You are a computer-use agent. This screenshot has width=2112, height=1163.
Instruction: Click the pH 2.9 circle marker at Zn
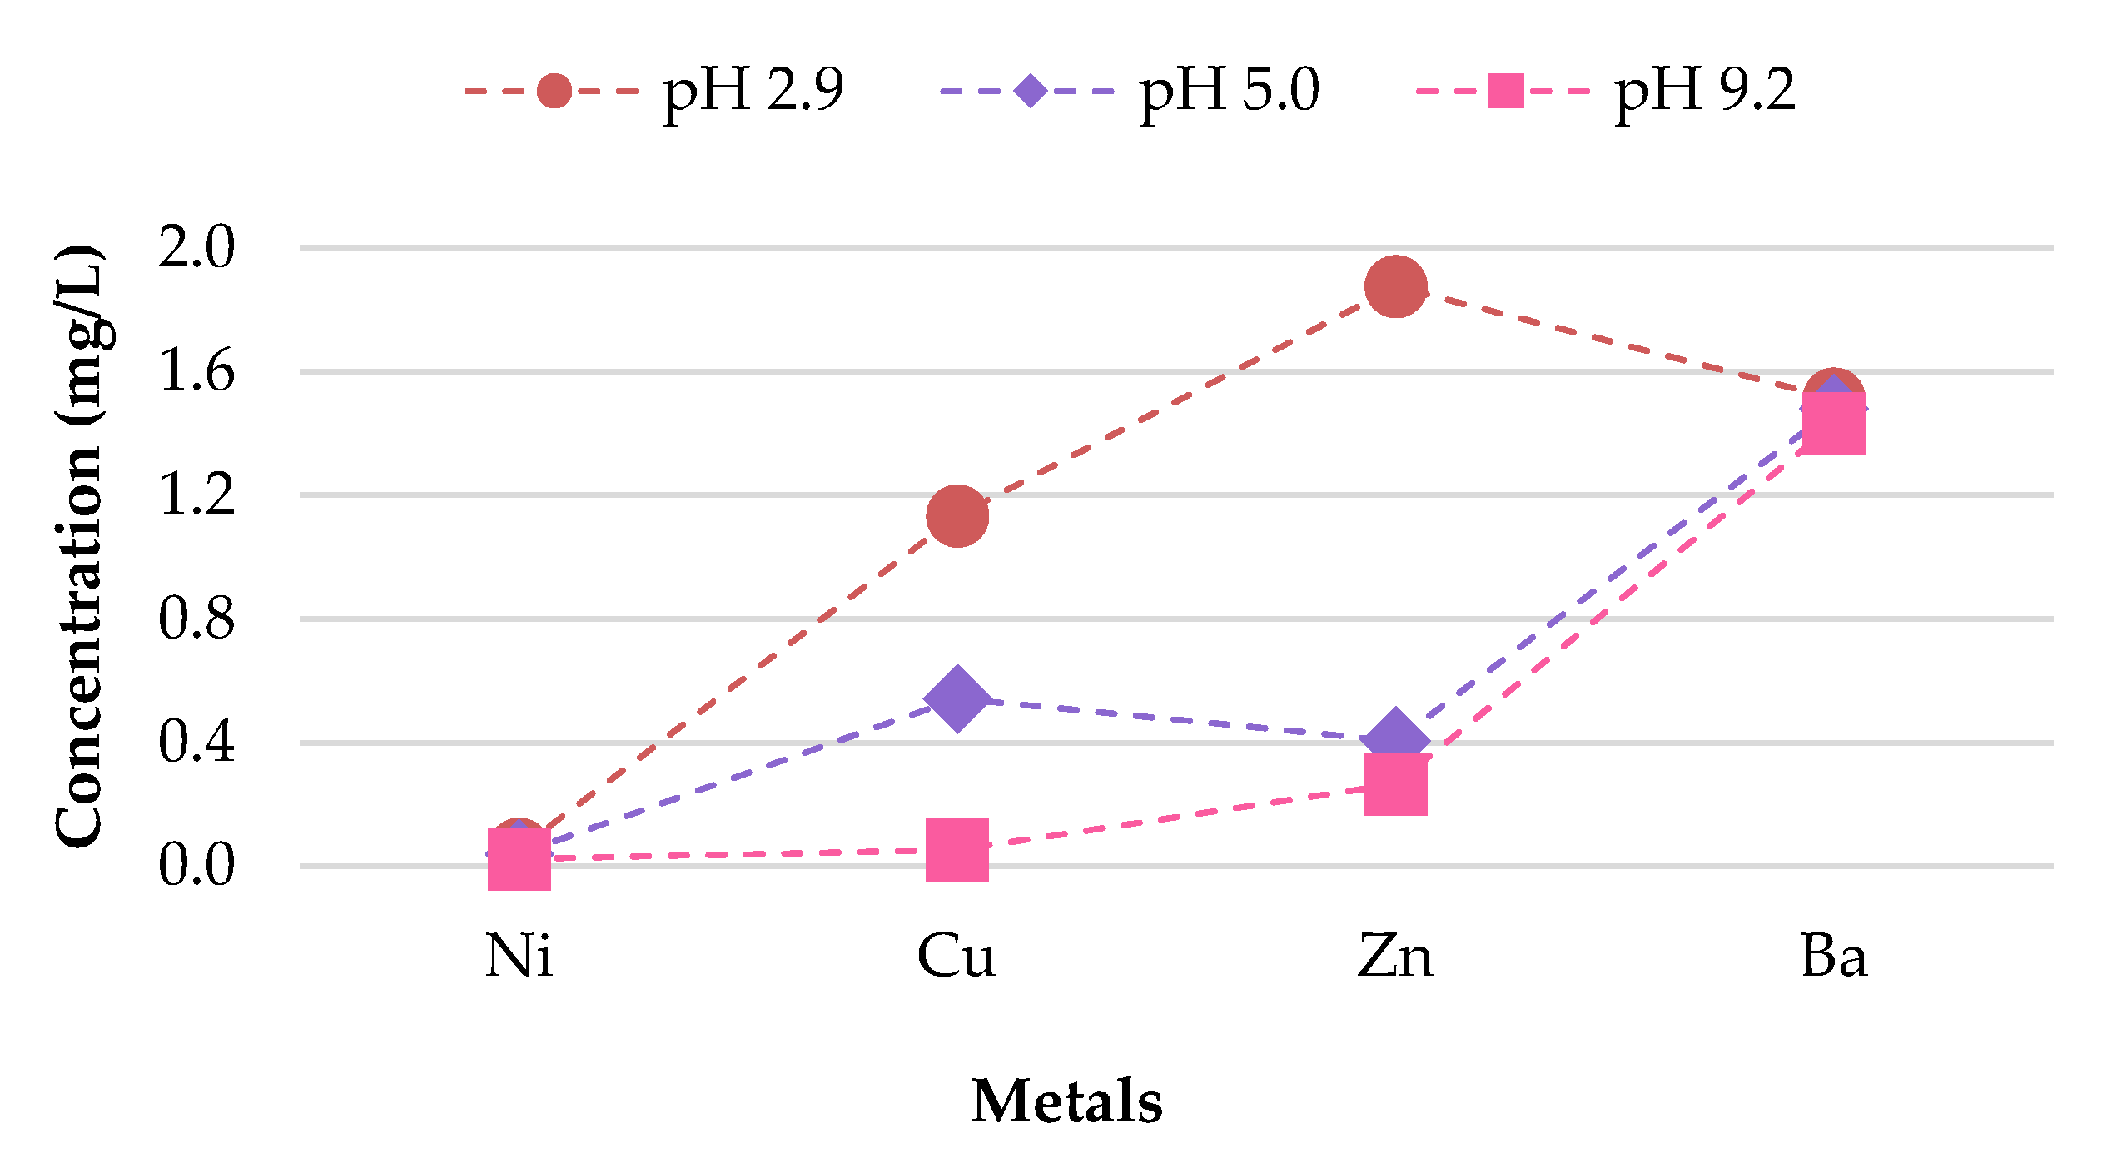pos(1396,286)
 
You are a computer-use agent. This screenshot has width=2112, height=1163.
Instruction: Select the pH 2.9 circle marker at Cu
pos(957,516)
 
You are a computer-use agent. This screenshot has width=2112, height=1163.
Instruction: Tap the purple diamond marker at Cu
pos(957,698)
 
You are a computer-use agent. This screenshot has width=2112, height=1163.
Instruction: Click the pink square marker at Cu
pos(957,849)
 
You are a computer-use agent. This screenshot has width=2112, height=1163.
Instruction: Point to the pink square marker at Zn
pos(1396,784)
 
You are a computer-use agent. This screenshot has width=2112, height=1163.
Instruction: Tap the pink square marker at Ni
pos(519,859)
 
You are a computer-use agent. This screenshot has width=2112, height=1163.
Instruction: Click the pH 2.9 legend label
pos(753,90)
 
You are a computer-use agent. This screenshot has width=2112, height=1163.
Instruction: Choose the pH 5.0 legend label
pos(1229,90)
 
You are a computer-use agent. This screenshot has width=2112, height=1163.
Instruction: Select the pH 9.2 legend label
pos(1705,90)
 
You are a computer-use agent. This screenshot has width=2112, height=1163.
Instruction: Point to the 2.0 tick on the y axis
pos(197,248)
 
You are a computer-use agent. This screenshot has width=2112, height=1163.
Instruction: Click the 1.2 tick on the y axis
pos(197,495)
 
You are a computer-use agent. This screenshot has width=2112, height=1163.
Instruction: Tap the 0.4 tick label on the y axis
pos(197,743)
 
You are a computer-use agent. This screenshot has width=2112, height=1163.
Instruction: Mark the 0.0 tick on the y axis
pos(197,866)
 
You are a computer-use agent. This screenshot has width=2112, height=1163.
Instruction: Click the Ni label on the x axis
pos(519,957)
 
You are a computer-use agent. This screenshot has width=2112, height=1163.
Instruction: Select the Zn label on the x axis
pos(1396,957)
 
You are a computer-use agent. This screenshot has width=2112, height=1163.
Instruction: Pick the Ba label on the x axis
pos(1833,957)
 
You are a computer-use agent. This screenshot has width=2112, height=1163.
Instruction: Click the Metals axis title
pos(1066,1102)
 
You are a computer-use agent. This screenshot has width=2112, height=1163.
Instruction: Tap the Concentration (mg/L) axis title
pos(79,546)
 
